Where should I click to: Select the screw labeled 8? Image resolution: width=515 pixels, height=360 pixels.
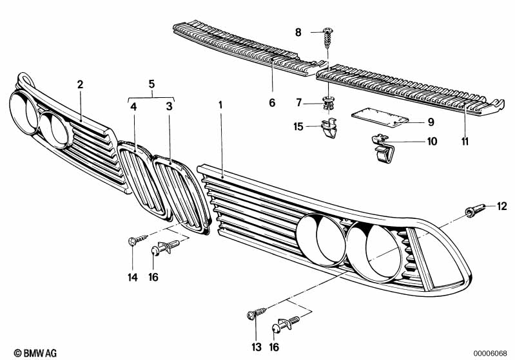click(x=328, y=38)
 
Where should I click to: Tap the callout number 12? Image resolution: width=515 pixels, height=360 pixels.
click(x=502, y=206)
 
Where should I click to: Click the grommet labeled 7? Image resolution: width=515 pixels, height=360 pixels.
click(x=328, y=101)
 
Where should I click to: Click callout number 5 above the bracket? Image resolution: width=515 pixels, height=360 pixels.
click(x=151, y=83)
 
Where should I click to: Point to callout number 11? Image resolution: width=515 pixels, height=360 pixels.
click(x=465, y=141)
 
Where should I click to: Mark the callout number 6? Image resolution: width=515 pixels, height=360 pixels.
click(x=272, y=102)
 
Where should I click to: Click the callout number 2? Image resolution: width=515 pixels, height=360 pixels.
click(x=80, y=84)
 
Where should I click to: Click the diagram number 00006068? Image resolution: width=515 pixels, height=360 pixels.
click(x=492, y=353)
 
